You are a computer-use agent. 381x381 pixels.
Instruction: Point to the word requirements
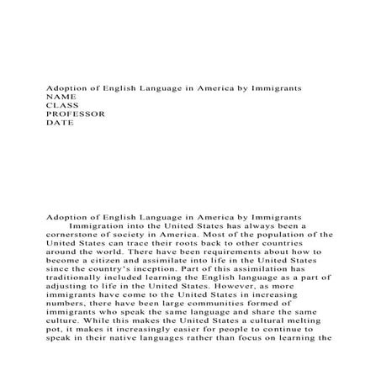pos(209,251)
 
